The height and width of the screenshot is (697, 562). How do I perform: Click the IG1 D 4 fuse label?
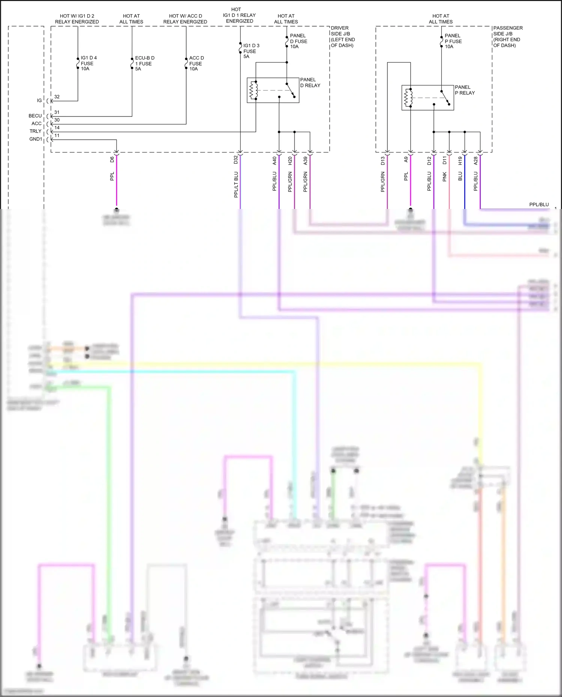pyautogui.click(x=88, y=63)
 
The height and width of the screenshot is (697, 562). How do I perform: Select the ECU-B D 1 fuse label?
pyautogui.click(x=144, y=63)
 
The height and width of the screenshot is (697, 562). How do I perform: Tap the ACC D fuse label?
pyautogui.click(x=196, y=63)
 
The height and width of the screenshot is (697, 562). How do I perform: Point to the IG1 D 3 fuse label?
pyautogui.click(x=251, y=51)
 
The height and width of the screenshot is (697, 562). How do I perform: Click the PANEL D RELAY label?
pyautogui.click(x=310, y=82)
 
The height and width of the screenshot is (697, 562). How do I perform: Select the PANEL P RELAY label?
pyautogui.click(x=465, y=90)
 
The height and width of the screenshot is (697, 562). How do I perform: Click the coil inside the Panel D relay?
pyautogui.click(x=254, y=90)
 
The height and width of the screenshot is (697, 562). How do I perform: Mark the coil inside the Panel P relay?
pyautogui.click(x=408, y=98)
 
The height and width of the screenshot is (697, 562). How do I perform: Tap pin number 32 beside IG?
pyautogui.click(x=57, y=97)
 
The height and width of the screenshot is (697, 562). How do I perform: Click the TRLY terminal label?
pyautogui.click(x=36, y=131)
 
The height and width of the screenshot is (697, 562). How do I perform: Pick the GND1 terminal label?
pyautogui.click(x=36, y=139)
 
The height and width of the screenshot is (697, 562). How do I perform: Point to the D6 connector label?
pyautogui.click(x=112, y=160)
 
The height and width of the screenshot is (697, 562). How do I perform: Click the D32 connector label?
pyautogui.click(x=236, y=160)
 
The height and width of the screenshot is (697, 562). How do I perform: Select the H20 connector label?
pyautogui.click(x=290, y=161)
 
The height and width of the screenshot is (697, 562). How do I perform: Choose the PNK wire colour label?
pyautogui.click(x=445, y=176)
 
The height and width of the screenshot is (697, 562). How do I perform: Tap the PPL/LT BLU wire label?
pyautogui.click(x=236, y=184)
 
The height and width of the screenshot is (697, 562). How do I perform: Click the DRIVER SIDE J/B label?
pyautogui.click(x=342, y=36)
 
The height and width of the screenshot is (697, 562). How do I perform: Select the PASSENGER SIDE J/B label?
pyautogui.click(x=508, y=36)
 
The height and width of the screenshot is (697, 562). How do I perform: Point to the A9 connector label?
pyautogui.click(x=406, y=160)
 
